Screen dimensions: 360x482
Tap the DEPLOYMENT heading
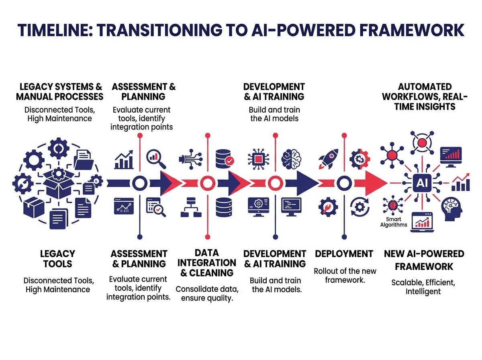tap(344, 254)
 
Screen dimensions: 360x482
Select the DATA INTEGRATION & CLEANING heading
tap(207, 263)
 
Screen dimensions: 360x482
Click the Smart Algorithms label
tap(394, 222)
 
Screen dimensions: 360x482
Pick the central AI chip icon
tap(422, 183)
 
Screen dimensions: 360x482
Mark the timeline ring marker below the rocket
tap(343, 184)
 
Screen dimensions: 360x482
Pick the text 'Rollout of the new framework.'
tap(345, 275)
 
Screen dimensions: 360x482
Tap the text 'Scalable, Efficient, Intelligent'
tap(423, 286)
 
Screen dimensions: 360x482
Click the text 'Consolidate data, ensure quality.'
tap(204, 293)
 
